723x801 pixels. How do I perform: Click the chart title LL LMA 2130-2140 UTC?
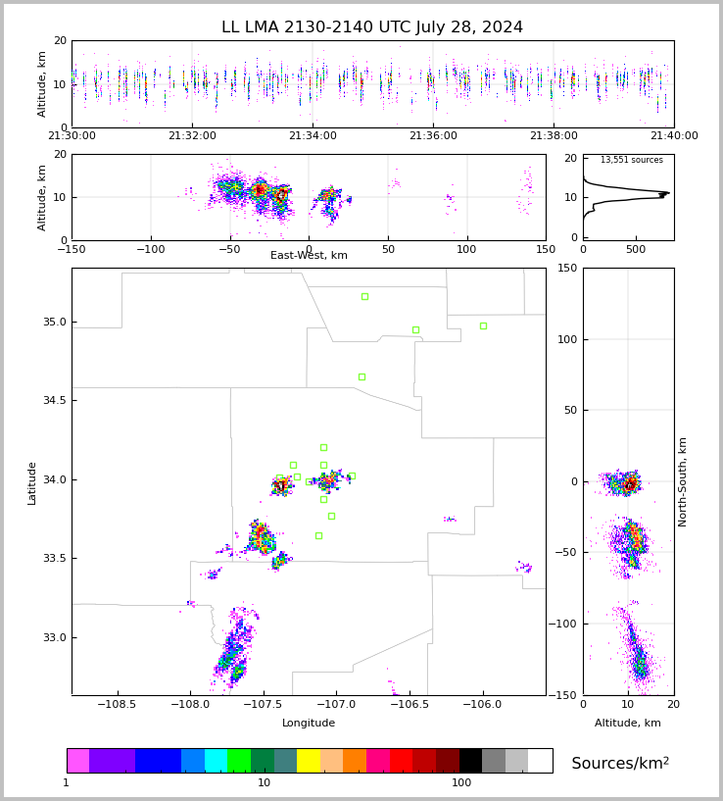pos(372,27)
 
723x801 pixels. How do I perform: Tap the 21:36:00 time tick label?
pos(433,136)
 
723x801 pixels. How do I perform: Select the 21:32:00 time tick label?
pos(192,136)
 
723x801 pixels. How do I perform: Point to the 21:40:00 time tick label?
pos(674,136)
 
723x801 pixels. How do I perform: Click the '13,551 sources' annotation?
pos(631,160)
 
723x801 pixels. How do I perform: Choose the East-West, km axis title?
pos(309,256)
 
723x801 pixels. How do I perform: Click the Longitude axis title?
pos(309,724)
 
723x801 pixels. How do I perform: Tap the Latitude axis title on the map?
pos(32,482)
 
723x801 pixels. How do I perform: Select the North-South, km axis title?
pos(683,481)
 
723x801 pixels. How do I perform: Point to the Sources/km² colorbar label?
pos(620,764)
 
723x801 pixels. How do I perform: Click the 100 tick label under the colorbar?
pos(461,783)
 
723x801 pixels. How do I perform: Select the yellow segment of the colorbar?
pos(309,761)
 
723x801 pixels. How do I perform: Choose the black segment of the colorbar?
pos(470,761)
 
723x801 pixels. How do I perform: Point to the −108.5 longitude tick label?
pos(118,705)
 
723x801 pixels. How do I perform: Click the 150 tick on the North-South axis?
pos(565,269)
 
